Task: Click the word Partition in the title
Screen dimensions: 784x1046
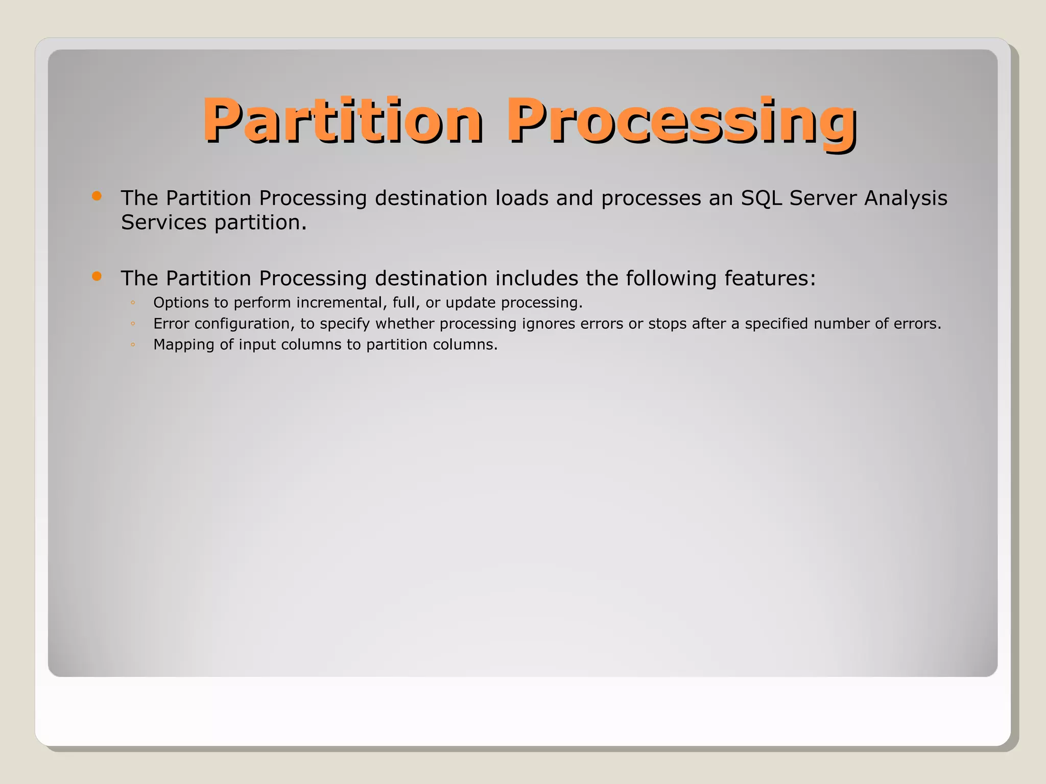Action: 342,120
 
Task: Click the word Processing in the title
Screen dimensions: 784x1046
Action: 681,121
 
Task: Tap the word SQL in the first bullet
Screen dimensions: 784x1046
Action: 762,198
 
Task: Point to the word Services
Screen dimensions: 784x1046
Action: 163,223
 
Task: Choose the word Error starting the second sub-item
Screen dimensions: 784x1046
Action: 171,324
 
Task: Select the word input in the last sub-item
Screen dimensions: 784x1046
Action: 257,345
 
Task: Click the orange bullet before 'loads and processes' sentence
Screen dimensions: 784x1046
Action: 97,196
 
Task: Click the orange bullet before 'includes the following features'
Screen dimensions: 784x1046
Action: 97,276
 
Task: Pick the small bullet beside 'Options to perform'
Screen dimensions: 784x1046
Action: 133,303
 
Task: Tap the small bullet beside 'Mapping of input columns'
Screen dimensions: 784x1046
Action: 133,345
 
